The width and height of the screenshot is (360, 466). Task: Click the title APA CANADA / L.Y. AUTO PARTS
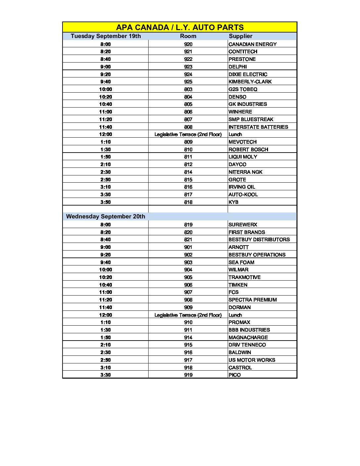180,27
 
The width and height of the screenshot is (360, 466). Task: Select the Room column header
188,36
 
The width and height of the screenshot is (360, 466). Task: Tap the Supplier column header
241,36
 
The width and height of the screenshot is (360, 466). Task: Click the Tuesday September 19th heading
106,36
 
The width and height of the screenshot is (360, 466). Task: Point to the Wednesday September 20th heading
106,216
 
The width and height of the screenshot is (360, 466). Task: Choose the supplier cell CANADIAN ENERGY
252,44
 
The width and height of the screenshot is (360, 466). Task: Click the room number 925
188,82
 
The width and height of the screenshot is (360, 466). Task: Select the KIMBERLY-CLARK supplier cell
250,82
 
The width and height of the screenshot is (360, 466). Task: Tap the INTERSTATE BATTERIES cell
258,127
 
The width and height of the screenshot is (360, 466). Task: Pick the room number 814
188,172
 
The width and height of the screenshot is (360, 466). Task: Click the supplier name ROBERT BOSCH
248,150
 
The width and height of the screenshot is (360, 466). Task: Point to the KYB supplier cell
234,202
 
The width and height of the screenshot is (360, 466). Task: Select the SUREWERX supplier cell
243,225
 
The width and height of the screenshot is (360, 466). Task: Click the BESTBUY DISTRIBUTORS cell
259,240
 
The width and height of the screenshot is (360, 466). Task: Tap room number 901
188,247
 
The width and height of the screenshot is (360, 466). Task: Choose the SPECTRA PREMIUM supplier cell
252,300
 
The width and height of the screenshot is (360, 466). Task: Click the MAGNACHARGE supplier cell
248,338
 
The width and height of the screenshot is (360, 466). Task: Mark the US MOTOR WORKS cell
252,360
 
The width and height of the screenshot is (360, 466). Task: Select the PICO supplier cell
235,375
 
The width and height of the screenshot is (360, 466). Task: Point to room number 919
188,375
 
